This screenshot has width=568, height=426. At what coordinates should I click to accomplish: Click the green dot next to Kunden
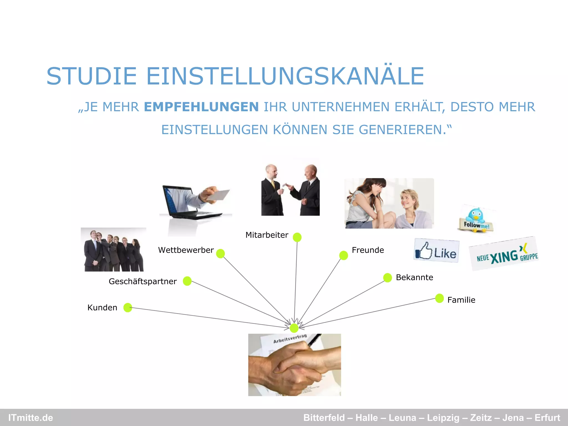128,307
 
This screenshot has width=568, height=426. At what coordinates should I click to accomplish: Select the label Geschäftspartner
143,282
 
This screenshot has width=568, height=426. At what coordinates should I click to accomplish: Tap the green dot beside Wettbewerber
220,253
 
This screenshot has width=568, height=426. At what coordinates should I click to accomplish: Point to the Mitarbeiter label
267,235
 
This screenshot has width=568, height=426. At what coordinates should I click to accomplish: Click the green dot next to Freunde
343,255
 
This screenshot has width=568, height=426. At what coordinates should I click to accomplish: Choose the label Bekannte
414,277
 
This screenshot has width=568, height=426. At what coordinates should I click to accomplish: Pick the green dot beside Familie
439,298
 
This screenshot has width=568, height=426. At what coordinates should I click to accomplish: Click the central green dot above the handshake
294,328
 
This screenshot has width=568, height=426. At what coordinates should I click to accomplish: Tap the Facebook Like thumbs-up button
436,250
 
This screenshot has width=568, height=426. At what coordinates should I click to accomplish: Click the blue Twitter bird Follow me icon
476,219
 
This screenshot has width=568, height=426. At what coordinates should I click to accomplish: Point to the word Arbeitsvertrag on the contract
290,339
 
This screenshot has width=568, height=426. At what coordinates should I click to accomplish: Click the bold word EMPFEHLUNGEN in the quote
201,107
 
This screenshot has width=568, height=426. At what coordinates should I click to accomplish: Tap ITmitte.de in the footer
31,418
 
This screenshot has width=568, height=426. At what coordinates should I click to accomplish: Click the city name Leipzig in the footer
443,418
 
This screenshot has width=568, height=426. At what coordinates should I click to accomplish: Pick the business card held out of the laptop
218,195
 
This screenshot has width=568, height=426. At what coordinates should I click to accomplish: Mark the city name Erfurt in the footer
547,418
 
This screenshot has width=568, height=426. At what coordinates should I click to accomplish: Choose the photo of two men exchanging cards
290,190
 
